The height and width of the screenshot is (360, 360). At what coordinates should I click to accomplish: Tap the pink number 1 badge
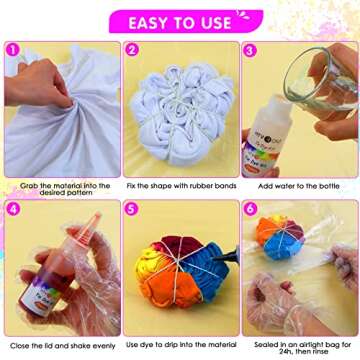pyautogui.click(x=14, y=49)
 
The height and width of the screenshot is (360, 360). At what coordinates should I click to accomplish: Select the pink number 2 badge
pyautogui.click(x=132, y=49)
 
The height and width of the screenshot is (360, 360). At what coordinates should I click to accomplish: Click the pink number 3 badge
pyautogui.click(x=250, y=49)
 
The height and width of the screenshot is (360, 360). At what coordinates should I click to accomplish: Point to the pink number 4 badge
pyautogui.click(x=14, y=209)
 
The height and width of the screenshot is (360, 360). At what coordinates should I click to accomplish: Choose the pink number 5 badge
pyautogui.click(x=132, y=209)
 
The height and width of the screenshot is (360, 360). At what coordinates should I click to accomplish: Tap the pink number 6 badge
pyautogui.click(x=250, y=209)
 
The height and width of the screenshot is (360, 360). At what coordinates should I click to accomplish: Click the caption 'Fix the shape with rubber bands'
pyautogui.click(x=180, y=185)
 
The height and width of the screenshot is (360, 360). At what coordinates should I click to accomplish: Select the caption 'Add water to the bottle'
pyautogui.click(x=298, y=185)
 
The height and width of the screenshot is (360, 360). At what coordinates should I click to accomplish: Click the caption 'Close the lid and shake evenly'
pyautogui.click(x=60, y=345)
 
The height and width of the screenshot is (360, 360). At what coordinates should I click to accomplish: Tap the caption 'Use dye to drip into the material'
pyautogui.click(x=180, y=345)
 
